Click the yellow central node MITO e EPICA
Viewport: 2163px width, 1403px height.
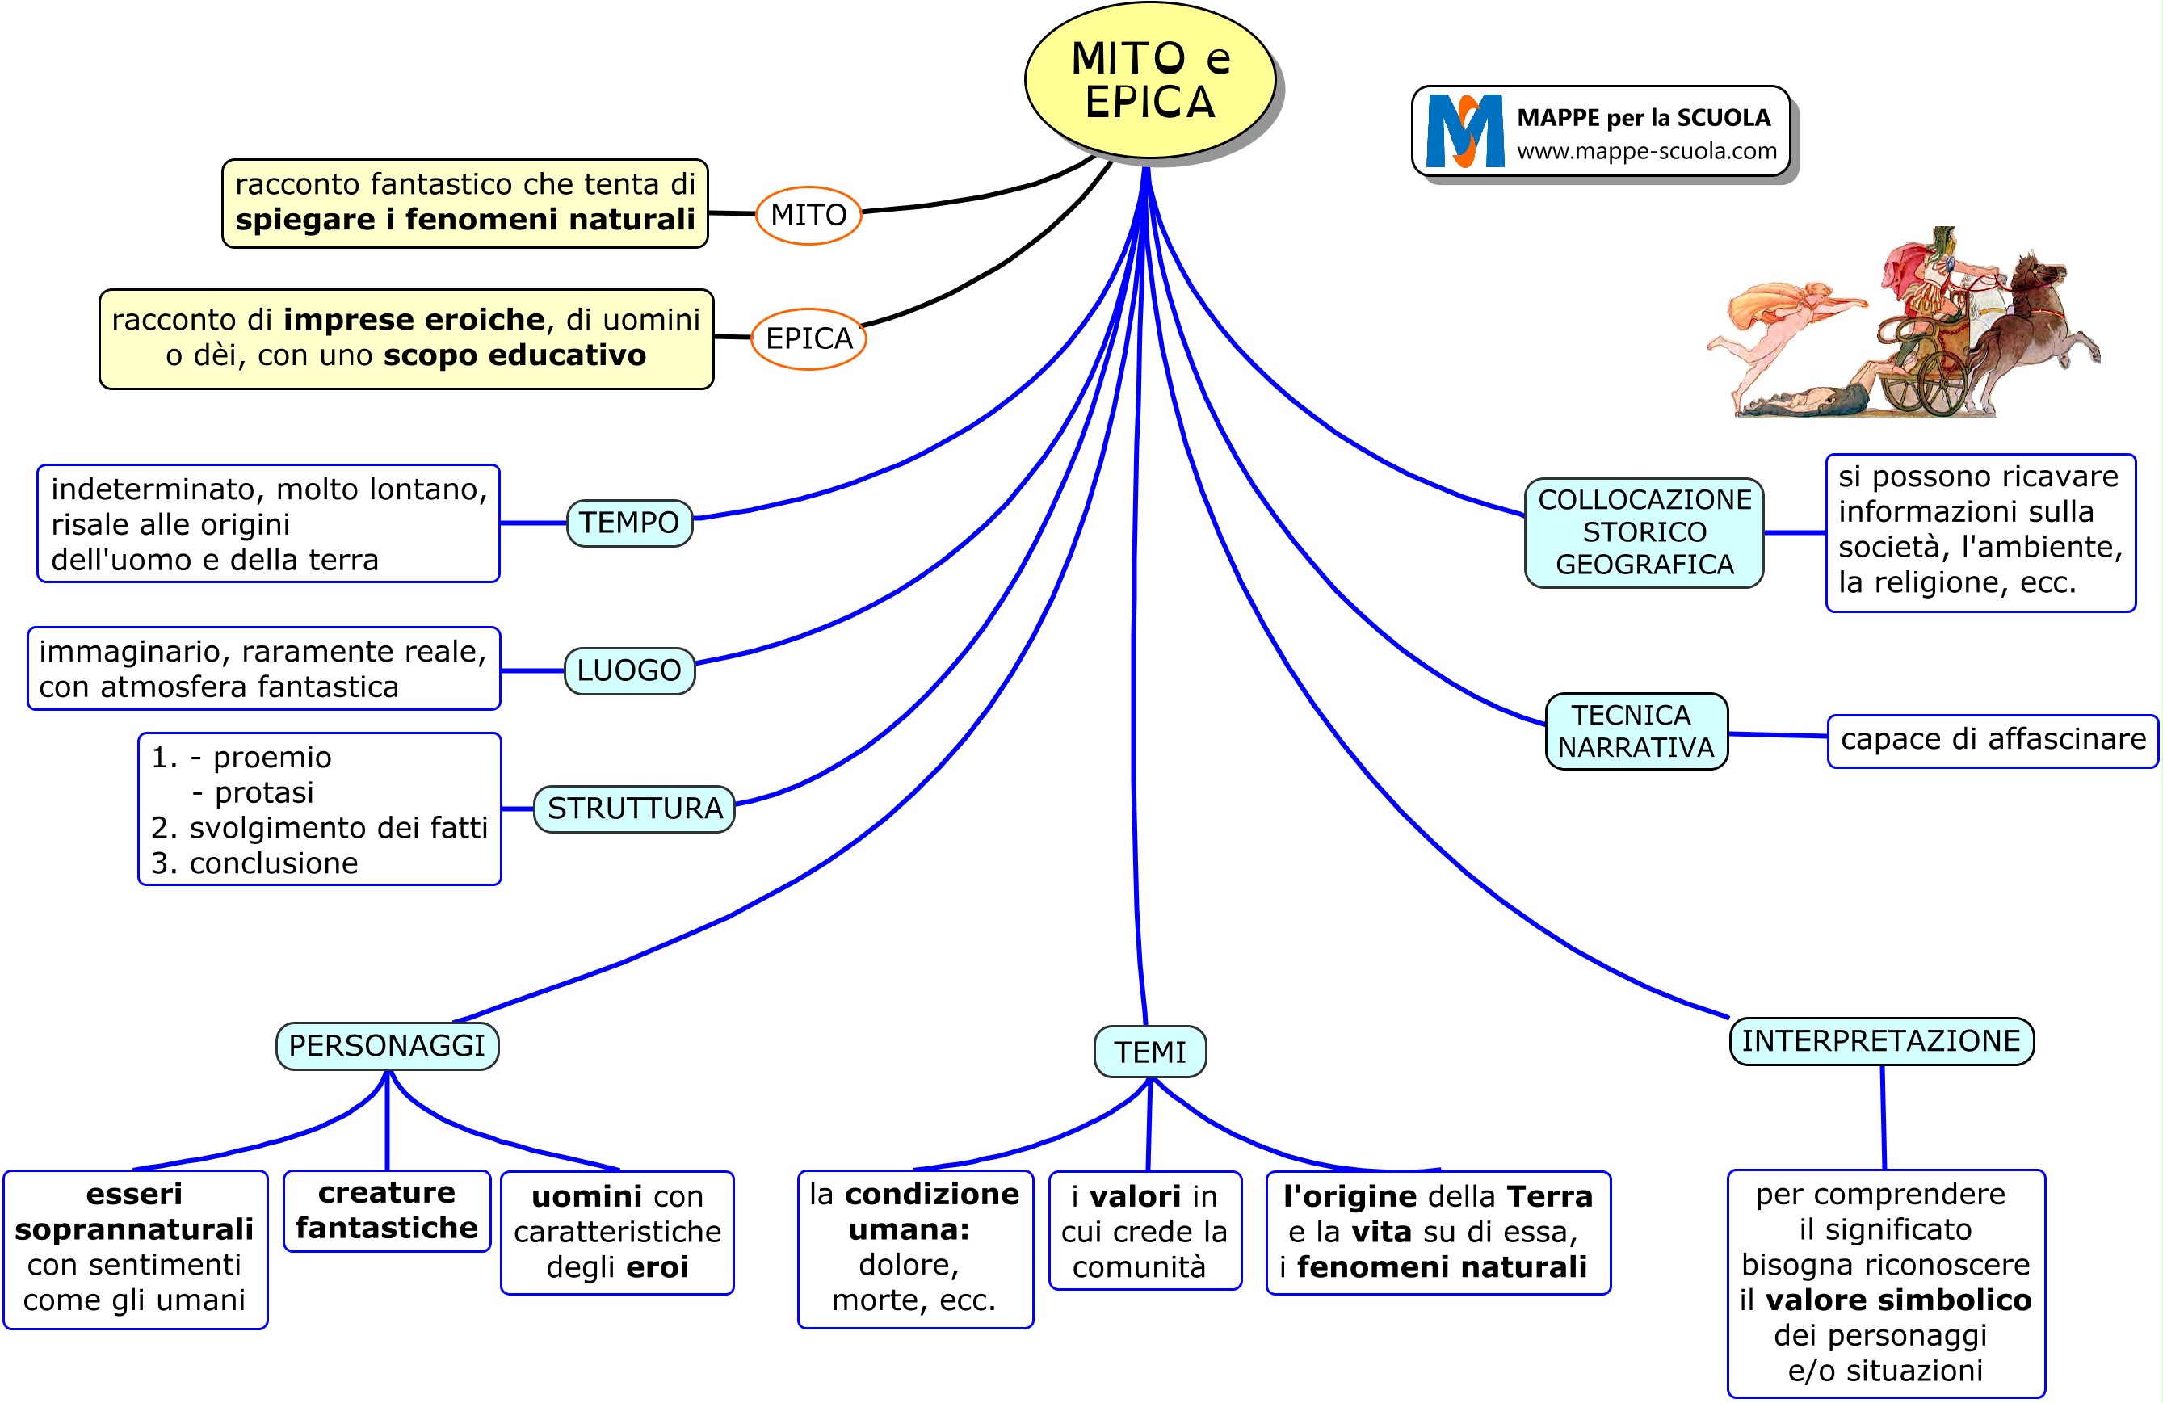tap(1149, 80)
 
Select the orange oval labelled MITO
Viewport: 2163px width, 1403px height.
tap(808, 216)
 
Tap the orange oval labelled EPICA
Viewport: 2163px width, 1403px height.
tap(808, 339)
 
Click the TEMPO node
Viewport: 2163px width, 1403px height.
tap(629, 523)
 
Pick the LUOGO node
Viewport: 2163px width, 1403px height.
tap(629, 670)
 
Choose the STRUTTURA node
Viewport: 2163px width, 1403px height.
tap(634, 809)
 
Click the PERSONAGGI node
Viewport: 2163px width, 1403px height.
tap(387, 1046)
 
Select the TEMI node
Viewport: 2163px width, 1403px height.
tap(1149, 1052)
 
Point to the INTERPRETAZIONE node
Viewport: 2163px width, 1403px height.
tap(1880, 1041)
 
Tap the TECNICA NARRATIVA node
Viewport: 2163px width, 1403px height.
tap(1636, 732)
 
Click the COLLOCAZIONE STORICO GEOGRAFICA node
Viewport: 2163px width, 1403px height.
tap(1644, 532)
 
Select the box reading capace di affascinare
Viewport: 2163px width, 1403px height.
tap(1992, 741)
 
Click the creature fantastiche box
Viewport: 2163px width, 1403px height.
tap(387, 1210)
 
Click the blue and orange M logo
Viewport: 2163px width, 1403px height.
tap(1464, 132)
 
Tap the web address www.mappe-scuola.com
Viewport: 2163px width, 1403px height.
tap(1646, 152)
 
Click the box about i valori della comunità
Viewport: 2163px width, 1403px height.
tap(1145, 1230)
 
